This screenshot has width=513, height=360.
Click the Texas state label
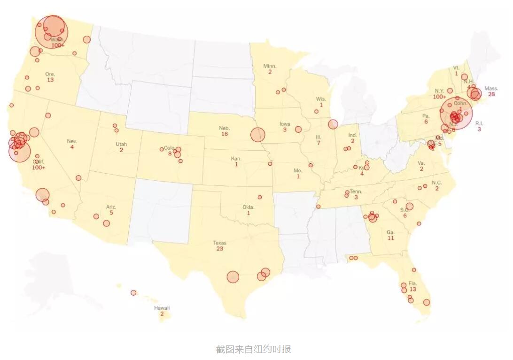pyautogui.click(x=219, y=243)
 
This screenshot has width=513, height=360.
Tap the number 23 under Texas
pyautogui.click(x=219, y=249)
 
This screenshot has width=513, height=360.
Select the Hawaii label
pyautogui.click(x=162, y=308)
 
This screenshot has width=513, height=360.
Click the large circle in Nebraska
pyautogui.click(x=257, y=134)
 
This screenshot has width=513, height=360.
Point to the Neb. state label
pyautogui.click(x=224, y=128)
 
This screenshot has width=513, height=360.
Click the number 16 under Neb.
pyautogui.click(x=225, y=134)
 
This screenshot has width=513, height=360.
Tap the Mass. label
pyautogui.click(x=491, y=88)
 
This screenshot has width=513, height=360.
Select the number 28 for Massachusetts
pyautogui.click(x=491, y=94)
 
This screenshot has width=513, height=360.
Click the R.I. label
pyautogui.click(x=479, y=123)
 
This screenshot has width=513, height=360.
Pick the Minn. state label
pyautogui.click(x=270, y=66)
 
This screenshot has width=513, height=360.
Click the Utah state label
pyautogui.click(x=121, y=144)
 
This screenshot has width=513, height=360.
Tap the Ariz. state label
pyautogui.click(x=111, y=207)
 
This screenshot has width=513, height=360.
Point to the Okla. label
pyautogui.click(x=249, y=207)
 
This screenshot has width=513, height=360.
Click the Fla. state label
pyautogui.click(x=413, y=283)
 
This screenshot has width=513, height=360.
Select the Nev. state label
pyautogui.click(x=72, y=141)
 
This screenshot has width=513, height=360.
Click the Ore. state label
pyautogui.click(x=50, y=74)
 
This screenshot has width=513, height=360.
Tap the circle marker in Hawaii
pyautogui.click(x=133, y=293)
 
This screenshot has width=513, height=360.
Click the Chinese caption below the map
pyautogui.click(x=254, y=349)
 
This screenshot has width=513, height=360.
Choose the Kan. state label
pyautogui.click(x=236, y=159)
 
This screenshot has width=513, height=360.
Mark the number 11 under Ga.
pyautogui.click(x=391, y=238)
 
